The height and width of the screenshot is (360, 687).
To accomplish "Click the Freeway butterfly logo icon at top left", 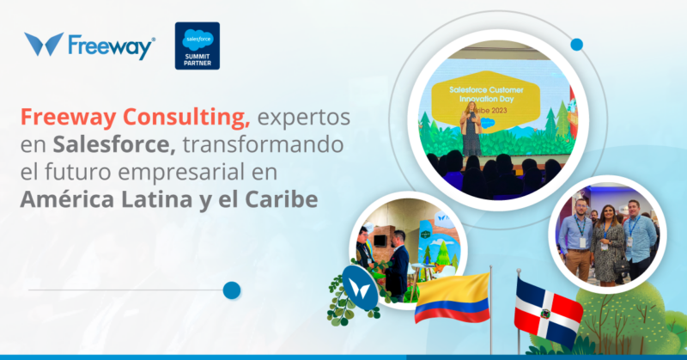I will click(44, 45).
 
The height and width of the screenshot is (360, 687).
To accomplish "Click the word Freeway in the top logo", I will click(111, 46).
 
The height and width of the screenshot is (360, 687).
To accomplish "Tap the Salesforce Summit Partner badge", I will click(197, 46).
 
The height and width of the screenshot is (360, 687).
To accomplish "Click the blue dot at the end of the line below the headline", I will click(231, 291).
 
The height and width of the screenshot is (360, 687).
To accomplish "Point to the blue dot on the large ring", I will click(576, 44).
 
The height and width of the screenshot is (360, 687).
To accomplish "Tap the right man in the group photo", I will click(638, 235).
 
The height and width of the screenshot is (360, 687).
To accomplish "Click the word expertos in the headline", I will click(297, 117).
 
